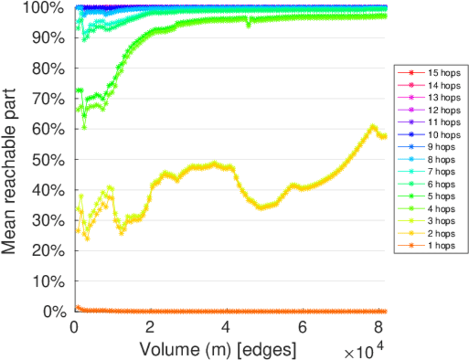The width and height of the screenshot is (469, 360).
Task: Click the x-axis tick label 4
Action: pyautogui.click(x=226, y=328)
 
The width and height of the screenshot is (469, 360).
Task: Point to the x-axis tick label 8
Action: pyautogui.click(x=378, y=328)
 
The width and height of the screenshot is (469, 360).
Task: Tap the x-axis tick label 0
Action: pyautogui.click(x=74, y=328)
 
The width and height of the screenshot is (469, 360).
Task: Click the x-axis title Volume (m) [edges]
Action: pyautogui.click(x=217, y=348)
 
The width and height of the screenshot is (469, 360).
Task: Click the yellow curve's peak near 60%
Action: pyautogui.click(x=373, y=126)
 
